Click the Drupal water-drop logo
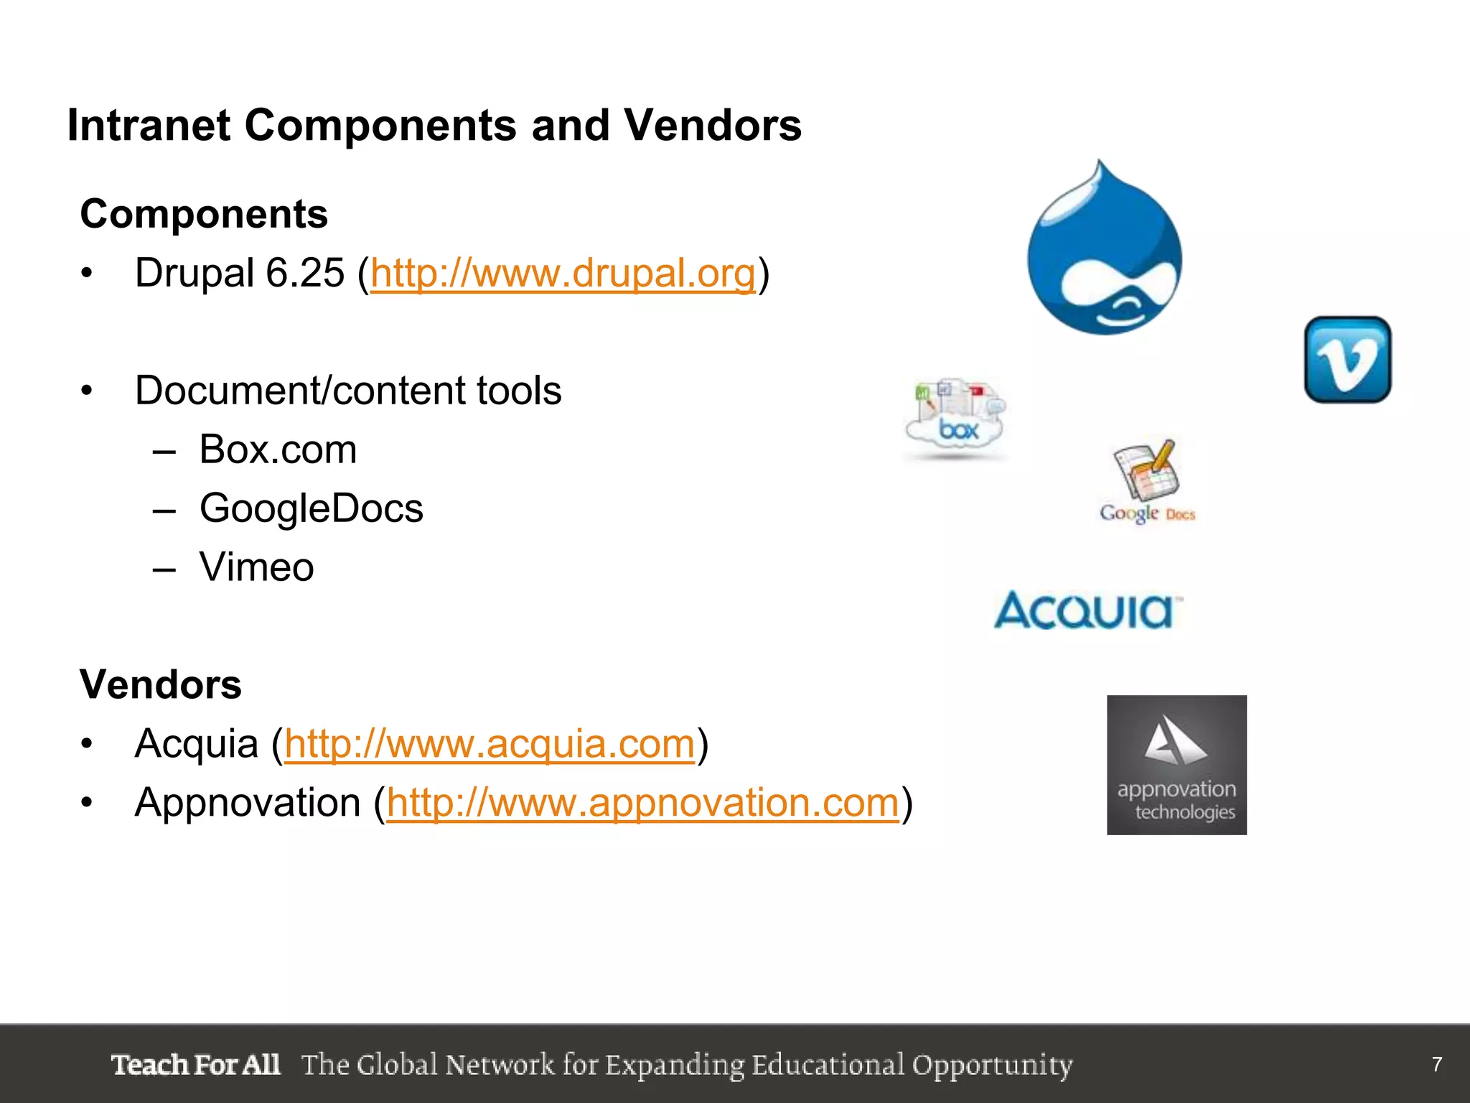click(x=1104, y=251)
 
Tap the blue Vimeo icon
click(x=1347, y=359)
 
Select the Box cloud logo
click(x=956, y=419)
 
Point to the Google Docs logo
click(x=1146, y=481)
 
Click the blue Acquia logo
click(x=1087, y=610)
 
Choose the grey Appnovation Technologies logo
click(x=1176, y=765)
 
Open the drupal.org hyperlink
click(x=563, y=274)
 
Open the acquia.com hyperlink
click(x=490, y=744)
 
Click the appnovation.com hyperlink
click(x=642, y=803)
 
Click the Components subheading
click(x=204, y=214)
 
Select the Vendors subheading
click(x=161, y=684)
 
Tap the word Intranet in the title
click(x=149, y=126)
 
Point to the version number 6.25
click(x=305, y=274)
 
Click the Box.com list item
click(x=278, y=450)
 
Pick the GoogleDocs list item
click(x=311, y=509)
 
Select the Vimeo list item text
click(x=256, y=568)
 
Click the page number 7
click(x=1436, y=1064)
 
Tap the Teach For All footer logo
click(x=195, y=1064)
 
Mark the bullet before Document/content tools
click(x=87, y=391)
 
